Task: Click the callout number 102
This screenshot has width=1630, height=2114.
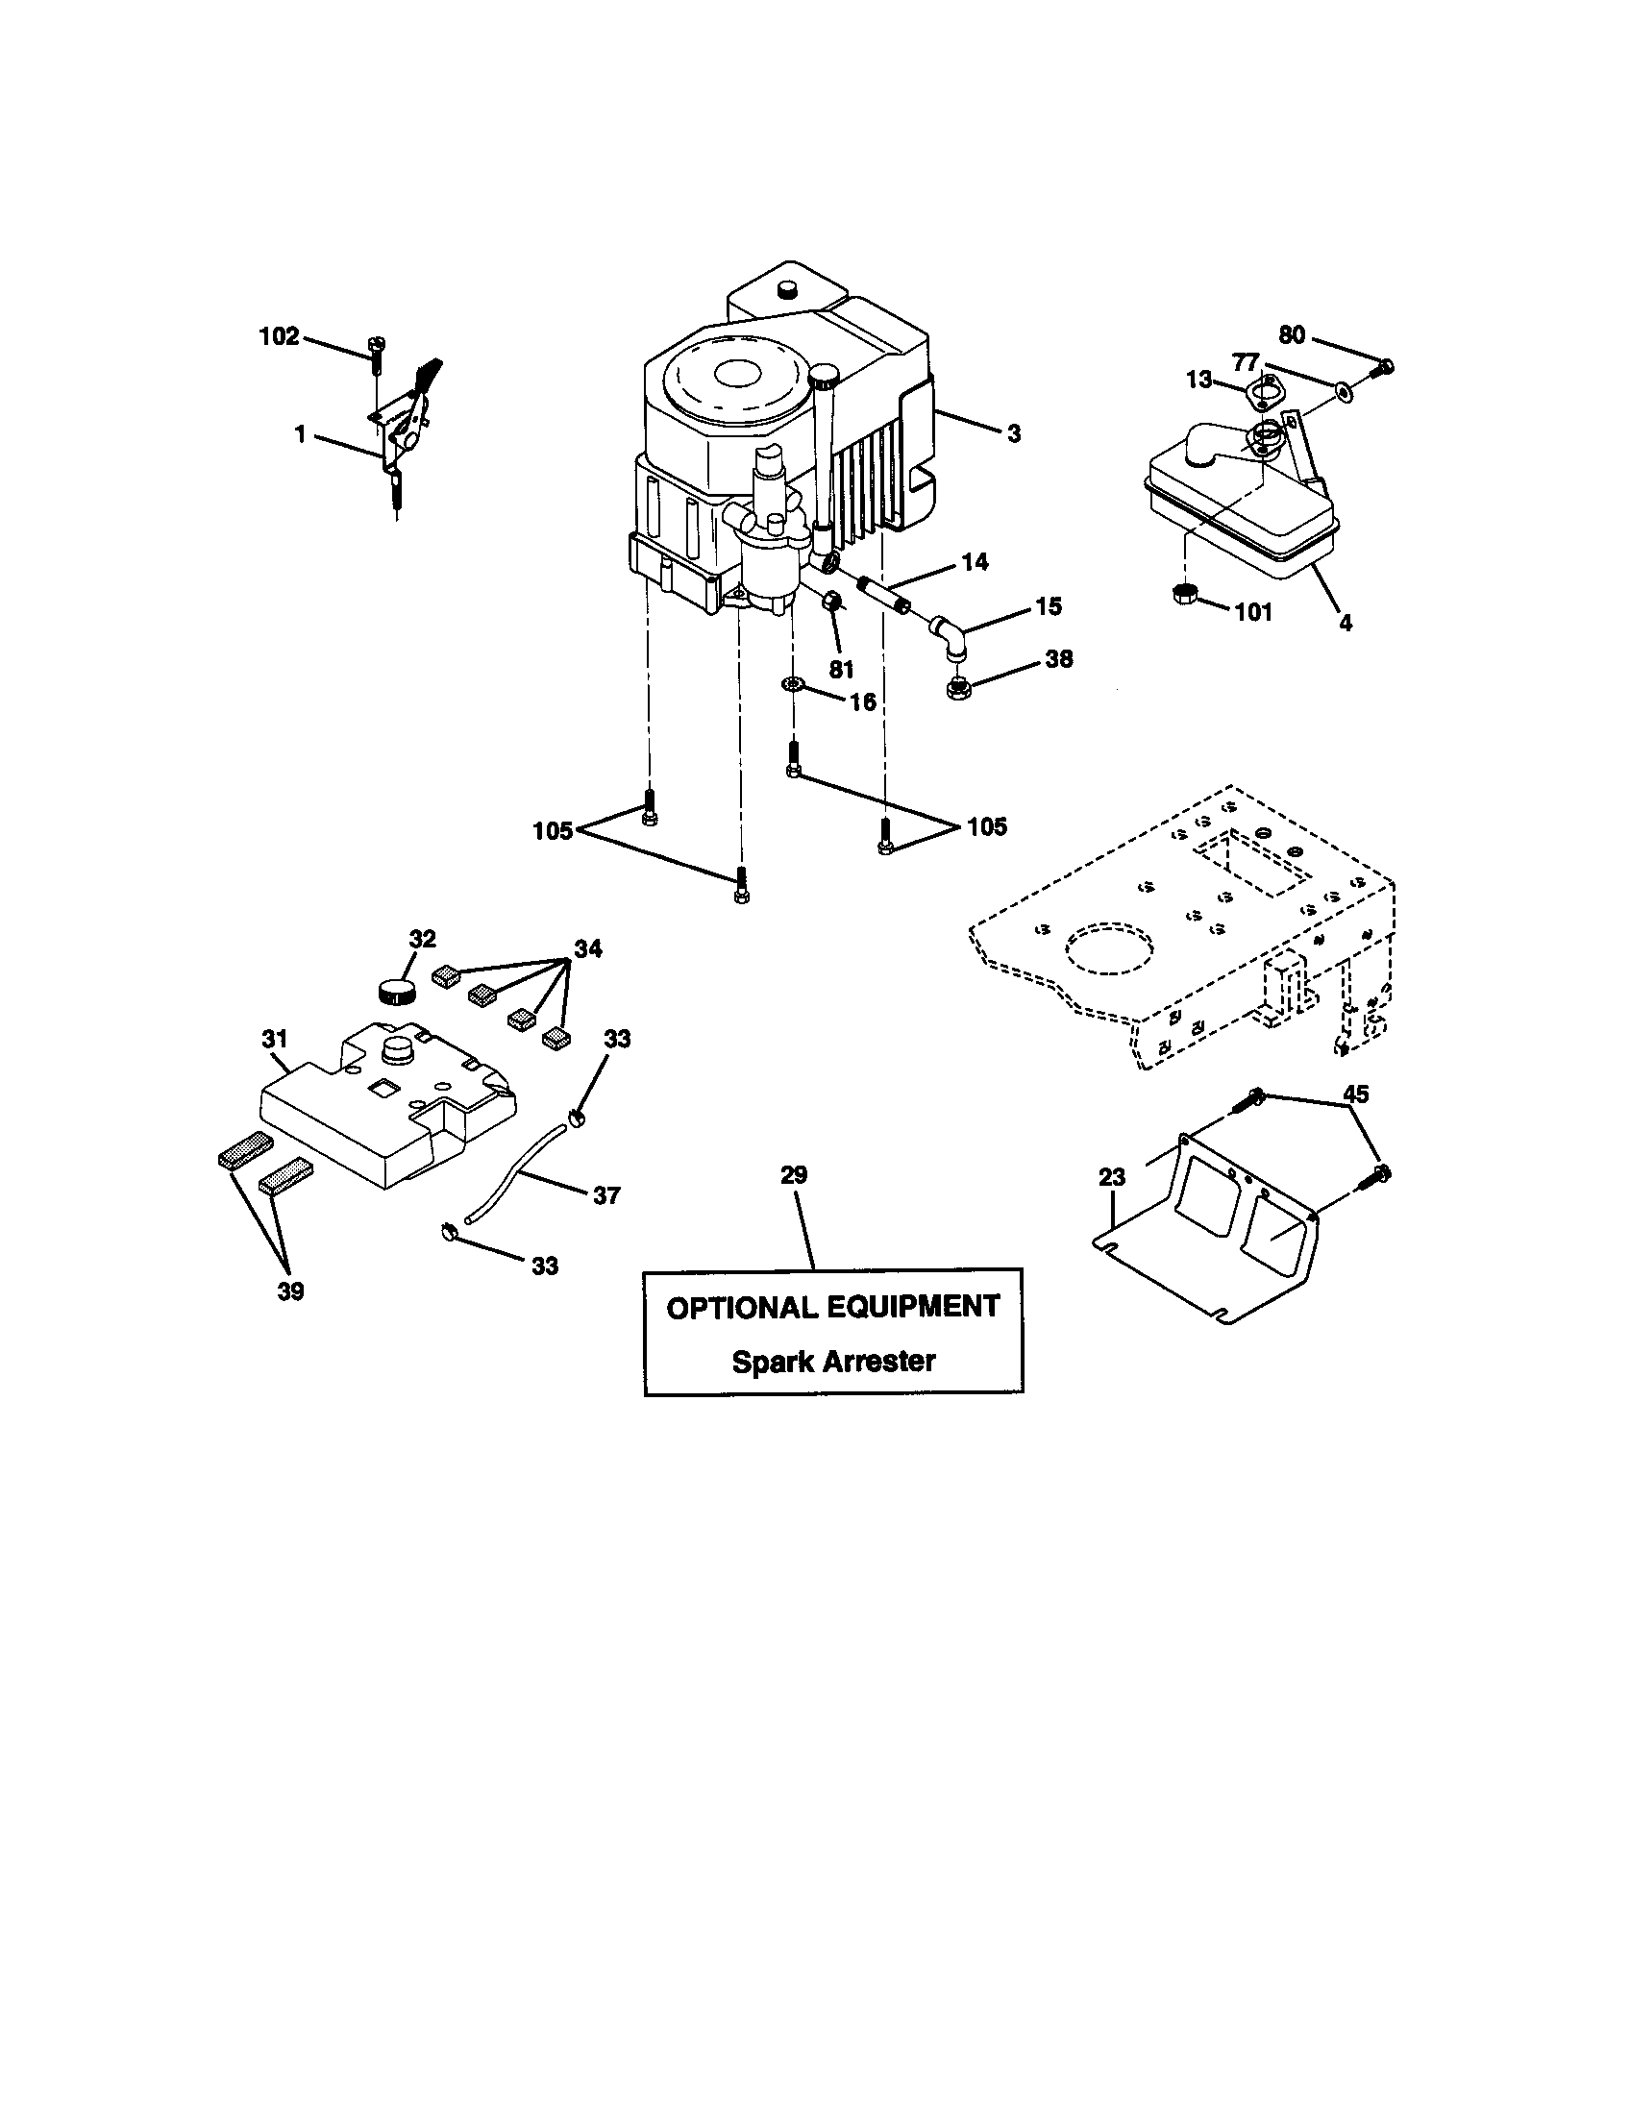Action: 279,337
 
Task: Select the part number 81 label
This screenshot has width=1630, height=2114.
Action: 841,669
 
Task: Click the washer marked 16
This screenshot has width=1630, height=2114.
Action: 793,684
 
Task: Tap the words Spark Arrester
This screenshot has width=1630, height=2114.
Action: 832,1361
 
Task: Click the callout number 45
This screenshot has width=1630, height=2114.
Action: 1356,1094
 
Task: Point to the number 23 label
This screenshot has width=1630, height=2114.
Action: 1112,1177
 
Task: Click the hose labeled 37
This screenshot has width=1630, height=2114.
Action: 510,1172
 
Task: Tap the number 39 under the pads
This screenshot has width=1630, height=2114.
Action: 290,1291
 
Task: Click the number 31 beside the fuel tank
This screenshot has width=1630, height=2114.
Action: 275,1039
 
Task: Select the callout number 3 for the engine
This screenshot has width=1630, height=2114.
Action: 1013,434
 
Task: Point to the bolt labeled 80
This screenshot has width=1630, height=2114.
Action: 1385,367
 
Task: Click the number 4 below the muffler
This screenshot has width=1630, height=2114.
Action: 1346,624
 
